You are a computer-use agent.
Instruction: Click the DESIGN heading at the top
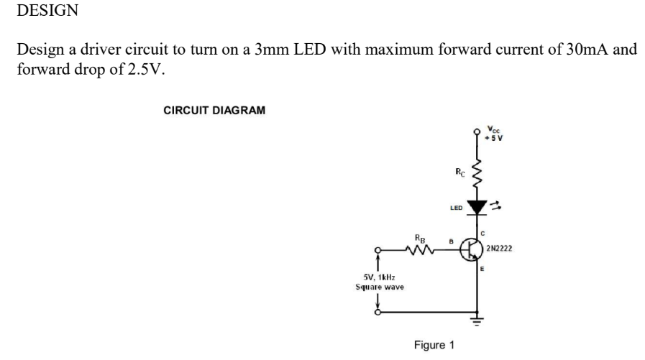[x=47, y=11]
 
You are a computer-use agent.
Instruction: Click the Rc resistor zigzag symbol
[x=475, y=171]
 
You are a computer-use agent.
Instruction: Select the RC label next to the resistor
[x=460, y=171]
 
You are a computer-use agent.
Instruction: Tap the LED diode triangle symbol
[x=475, y=207]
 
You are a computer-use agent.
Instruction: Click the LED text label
[x=454, y=208]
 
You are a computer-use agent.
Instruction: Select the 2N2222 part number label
[x=499, y=249]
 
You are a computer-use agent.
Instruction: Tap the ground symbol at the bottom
[x=475, y=320]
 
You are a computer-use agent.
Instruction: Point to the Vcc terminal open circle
[x=475, y=132]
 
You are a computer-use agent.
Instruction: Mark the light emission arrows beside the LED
[x=495, y=206]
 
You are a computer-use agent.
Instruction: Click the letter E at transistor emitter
[x=482, y=269]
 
